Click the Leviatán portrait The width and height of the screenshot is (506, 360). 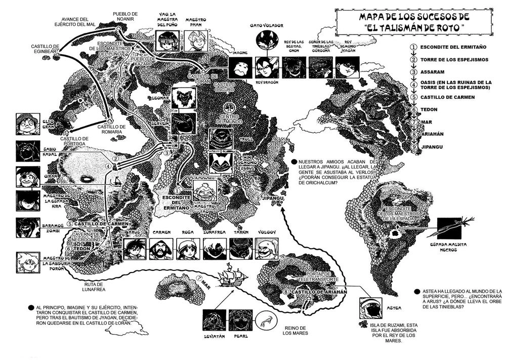pos(213,321)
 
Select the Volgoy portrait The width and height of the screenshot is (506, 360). pos(267,249)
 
